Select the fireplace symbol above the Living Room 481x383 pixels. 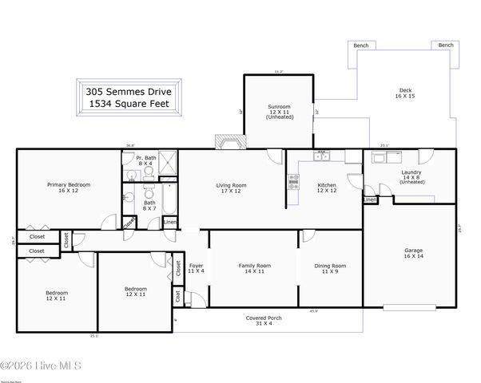click(x=229, y=143)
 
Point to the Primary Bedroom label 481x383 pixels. click(x=68, y=188)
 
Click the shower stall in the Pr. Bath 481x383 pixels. click(x=168, y=164)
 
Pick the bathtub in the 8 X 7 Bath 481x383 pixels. click(x=170, y=199)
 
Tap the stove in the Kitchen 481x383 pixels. click(x=292, y=182)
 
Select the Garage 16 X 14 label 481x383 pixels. click(x=413, y=254)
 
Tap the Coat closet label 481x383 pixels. click(x=177, y=297)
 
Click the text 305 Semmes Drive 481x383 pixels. click(x=132, y=92)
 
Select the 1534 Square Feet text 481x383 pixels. click(x=132, y=105)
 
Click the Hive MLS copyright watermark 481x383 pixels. click(x=41, y=366)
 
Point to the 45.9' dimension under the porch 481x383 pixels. click(x=313, y=310)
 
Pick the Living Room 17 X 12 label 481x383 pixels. click(x=231, y=188)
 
